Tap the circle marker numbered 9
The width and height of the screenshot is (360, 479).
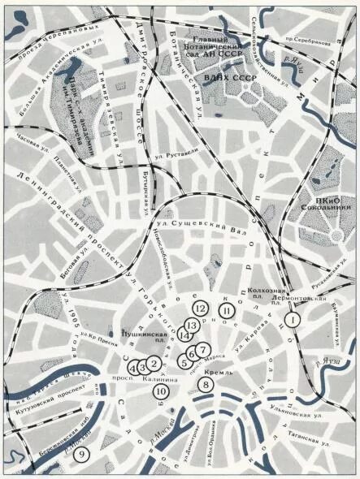pos(80,454)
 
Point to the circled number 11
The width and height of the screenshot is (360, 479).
pos(227,311)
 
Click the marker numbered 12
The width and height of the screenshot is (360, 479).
pos(200,308)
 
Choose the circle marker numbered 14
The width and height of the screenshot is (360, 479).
pos(188,336)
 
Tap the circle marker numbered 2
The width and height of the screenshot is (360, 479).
pos(154,365)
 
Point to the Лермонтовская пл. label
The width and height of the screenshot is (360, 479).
pos(295,298)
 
